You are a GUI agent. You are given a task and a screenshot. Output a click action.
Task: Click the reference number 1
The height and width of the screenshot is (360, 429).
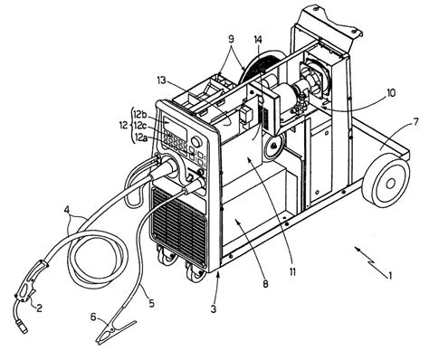[x=390, y=276]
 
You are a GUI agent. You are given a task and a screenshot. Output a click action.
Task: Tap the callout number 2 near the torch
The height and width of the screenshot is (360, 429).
[x=39, y=308]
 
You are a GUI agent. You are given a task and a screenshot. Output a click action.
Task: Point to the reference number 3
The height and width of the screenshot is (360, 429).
[x=214, y=309]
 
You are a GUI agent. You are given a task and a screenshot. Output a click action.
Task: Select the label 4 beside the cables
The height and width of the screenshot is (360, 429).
[x=68, y=209]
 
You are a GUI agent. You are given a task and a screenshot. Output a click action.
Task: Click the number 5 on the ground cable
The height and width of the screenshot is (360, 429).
[x=151, y=303]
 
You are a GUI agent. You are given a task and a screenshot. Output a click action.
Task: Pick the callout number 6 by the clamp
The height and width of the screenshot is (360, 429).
[x=93, y=317]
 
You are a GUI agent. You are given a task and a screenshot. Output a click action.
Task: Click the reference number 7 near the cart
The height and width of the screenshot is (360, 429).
[x=415, y=122]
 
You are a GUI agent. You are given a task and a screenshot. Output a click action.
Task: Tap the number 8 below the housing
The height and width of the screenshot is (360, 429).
[x=265, y=284]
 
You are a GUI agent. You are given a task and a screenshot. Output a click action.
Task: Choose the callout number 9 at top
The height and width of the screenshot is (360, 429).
[x=231, y=39]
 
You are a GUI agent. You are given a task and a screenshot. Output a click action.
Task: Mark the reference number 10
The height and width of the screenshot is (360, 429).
[x=390, y=93]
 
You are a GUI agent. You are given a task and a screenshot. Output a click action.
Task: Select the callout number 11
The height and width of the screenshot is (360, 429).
[x=292, y=271]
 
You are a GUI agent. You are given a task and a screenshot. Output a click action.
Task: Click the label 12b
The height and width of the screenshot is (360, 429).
[x=140, y=114]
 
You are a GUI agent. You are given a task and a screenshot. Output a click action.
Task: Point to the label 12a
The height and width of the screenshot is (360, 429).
[x=140, y=137]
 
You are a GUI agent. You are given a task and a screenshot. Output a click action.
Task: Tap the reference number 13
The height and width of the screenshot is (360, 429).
[x=162, y=81]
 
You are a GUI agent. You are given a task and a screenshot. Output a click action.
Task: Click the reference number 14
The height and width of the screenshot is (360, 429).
[x=258, y=39]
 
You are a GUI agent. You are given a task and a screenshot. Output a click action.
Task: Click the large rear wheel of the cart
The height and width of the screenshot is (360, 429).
[x=386, y=182]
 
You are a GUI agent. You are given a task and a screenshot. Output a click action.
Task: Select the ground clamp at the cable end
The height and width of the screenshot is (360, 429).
[x=115, y=332]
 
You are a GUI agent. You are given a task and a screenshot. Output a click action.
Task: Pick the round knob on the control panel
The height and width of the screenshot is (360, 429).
[x=196, y=141]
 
